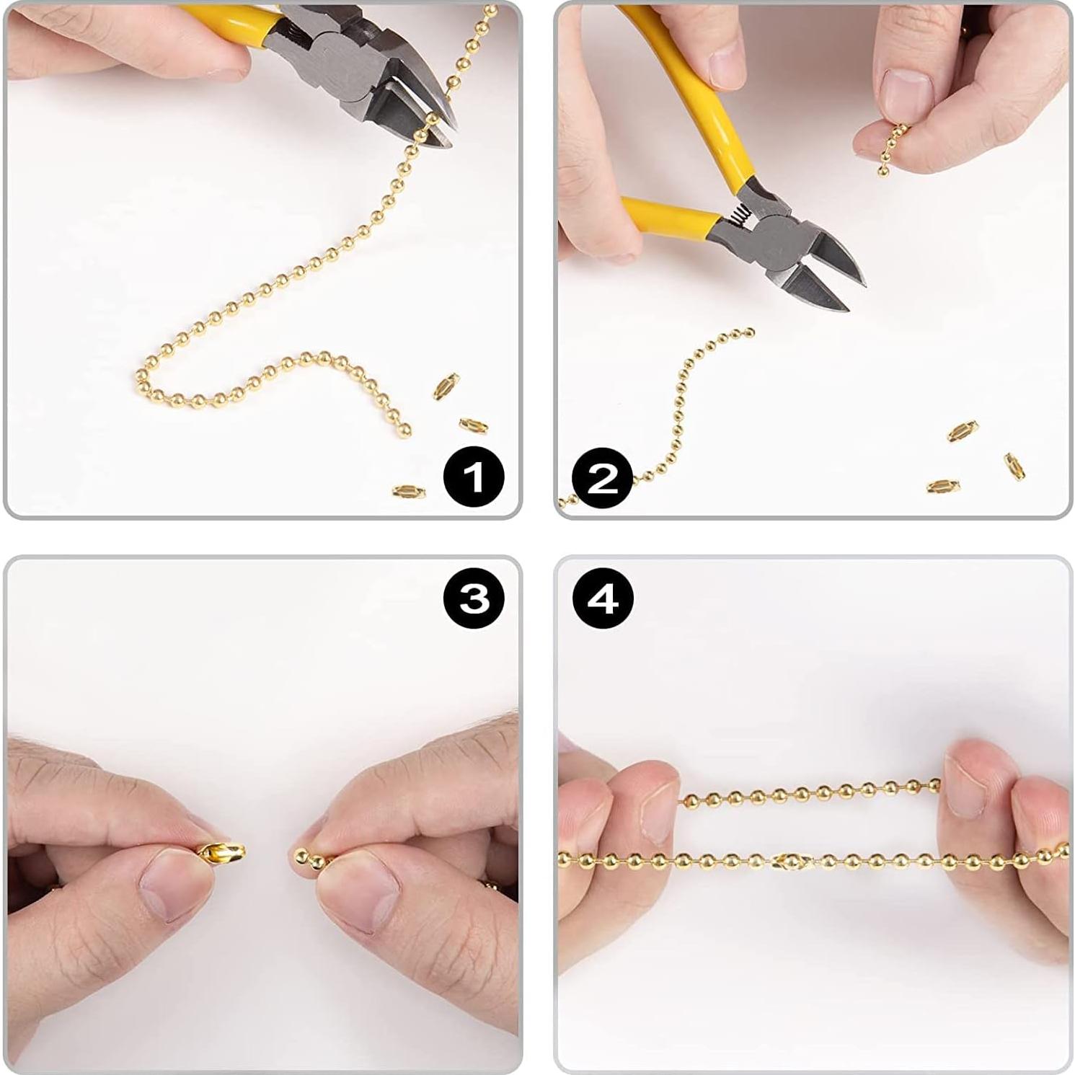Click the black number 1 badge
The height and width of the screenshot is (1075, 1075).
tap(474, 477)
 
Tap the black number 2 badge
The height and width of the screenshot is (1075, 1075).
tap(603, 478)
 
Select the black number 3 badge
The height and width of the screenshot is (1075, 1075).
tap(474, 598)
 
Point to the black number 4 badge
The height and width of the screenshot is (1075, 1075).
tap(603, 598)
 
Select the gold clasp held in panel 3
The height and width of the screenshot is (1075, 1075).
tap(220, 853)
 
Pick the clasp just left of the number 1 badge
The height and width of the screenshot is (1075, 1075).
tap(409, 492)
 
